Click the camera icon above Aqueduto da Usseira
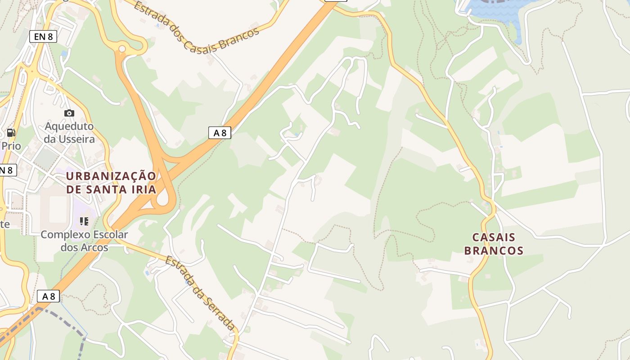(69, 113)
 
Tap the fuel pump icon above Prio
(11, 132)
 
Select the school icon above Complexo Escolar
(84, 221)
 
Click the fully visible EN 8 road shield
(43, 36)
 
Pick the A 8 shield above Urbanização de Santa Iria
(220, 133)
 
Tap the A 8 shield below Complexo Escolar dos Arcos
(48, 296)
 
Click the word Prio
(11, 146)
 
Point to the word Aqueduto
(69, 126)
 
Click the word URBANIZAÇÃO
(111, 175)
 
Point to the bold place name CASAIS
(494, 237)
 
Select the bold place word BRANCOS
(494, 251)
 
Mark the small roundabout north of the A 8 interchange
(122, 48)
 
